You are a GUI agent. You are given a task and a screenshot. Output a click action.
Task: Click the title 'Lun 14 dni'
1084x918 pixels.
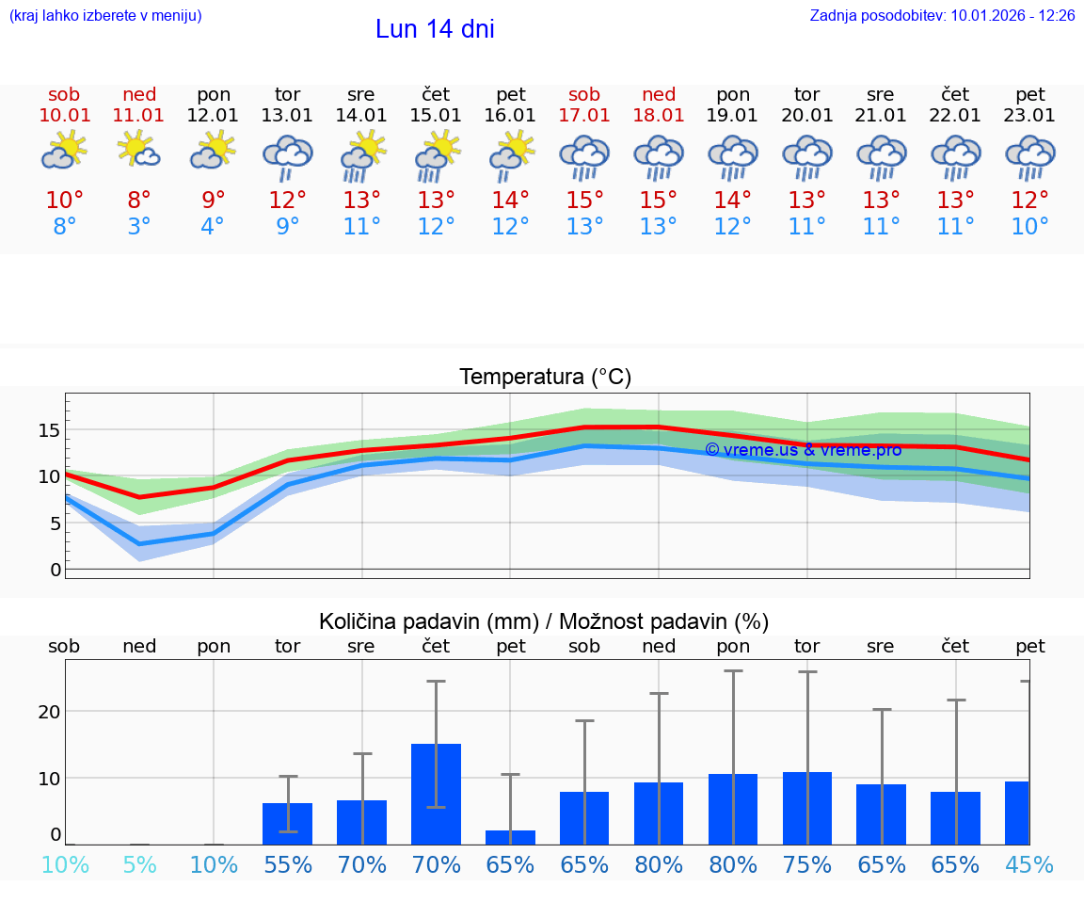coord(435,29)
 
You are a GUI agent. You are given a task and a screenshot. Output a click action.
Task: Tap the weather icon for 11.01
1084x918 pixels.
coord(139,152)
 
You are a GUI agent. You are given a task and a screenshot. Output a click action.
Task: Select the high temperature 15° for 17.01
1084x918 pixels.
coord(584,201)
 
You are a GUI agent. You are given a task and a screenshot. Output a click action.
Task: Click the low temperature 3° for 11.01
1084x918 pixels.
coord(139,227)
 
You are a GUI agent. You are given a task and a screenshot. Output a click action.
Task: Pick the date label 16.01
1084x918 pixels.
coord(510,116)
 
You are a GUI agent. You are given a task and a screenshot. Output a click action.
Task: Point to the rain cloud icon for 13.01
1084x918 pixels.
coord(287,155)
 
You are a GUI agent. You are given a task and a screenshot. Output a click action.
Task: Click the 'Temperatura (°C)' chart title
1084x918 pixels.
coord(545,378)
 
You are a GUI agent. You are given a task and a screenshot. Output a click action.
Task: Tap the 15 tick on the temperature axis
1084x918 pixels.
coord(49,430)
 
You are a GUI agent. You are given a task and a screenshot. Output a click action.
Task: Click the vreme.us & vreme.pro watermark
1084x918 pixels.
coord(803,450)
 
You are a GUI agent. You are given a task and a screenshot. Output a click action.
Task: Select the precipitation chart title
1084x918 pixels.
coord(544,621)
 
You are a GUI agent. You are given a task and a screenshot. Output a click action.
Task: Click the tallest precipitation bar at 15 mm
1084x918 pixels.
coord(436,793)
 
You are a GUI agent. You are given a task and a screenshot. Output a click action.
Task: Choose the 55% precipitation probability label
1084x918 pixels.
coord(288,864)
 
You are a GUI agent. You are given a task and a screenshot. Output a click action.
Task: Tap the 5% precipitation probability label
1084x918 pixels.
coord(139,864)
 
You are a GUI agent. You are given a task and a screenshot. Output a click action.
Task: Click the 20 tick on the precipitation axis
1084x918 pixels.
coord(49,712)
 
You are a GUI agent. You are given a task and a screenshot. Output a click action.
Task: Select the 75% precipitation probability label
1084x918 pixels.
coord(807,864)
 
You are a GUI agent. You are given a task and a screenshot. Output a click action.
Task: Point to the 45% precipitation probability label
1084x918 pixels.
coord(1029,864)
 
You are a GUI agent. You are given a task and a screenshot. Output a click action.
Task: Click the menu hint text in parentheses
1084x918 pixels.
coord(105,16)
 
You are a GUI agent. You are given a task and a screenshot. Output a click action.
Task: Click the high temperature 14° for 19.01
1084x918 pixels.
coord(733,201)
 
